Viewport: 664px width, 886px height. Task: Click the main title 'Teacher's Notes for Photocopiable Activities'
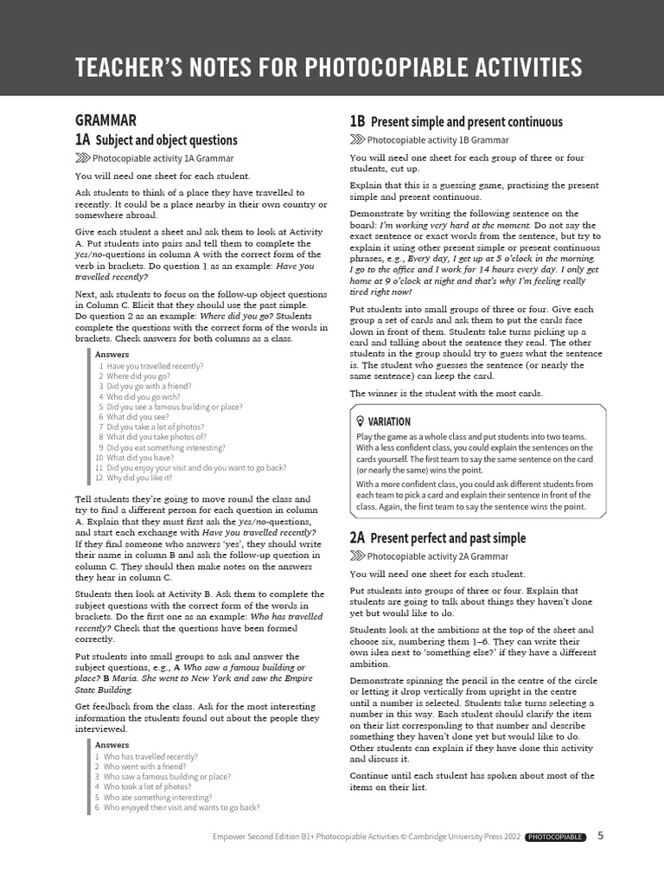click(x=328, y=67)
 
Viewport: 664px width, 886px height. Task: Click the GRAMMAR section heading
click(x=105, y=120)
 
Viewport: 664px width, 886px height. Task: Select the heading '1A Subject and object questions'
click(x=156, y=140)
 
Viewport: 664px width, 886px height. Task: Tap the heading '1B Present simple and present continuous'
click(x=456, y=122)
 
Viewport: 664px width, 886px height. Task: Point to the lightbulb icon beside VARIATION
click(x=361, y=421)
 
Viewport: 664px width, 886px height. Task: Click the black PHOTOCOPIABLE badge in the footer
click(x=555, y=837)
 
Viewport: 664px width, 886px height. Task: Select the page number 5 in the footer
click(x=601, y=836)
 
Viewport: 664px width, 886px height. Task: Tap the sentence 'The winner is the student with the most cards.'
click(x=446, y=394)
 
